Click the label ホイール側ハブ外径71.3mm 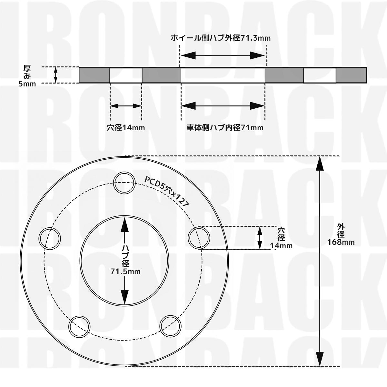221,38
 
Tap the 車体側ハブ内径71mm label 225,127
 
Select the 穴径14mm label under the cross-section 126,127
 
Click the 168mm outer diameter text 341,242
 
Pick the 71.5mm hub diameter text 125,272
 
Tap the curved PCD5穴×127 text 167,191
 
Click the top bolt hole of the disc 124,183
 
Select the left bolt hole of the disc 50,239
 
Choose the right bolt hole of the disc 199,238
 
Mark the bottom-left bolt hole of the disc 79,327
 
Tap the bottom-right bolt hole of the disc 170,326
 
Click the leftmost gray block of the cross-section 94,75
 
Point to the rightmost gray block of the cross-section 351,75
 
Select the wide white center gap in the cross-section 223,75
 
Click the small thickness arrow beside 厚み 55,75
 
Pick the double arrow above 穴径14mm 126,106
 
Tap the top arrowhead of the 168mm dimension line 320,163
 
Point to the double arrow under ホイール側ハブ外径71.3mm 223,55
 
